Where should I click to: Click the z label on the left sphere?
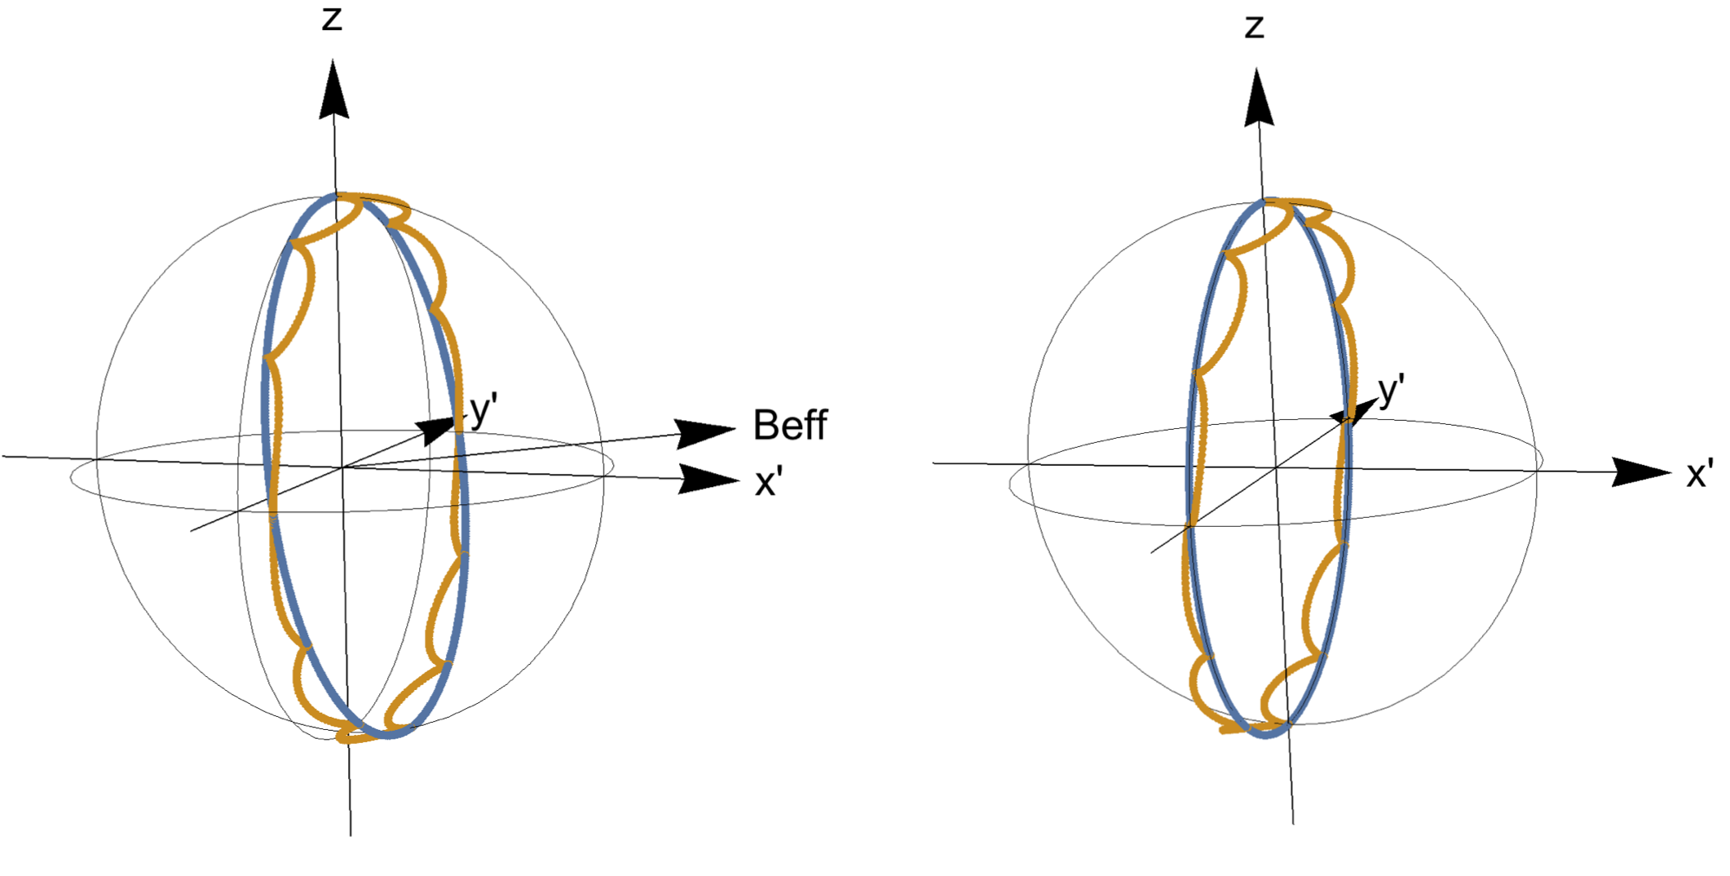point(331,19)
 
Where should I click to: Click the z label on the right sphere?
point(1254,27)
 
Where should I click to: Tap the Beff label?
point(789,425)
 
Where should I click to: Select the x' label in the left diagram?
point(768,483)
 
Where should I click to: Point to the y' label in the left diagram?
point(483,409)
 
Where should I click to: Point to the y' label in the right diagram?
point(1391,390)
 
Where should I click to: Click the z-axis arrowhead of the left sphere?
point(333,90)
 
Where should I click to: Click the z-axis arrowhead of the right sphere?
point(1258,99)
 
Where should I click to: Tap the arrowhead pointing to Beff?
point(703,432)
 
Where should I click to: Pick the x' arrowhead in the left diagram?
point(708,479)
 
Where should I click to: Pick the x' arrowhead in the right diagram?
point(1639,472)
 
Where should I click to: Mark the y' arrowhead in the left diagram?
point(435,429)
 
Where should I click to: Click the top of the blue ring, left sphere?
point(334,196)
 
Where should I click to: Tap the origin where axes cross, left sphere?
point(342,467)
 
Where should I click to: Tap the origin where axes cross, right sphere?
point(1276,468)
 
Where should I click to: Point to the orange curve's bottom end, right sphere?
point(1223,731)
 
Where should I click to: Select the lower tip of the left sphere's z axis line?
point(351,834)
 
